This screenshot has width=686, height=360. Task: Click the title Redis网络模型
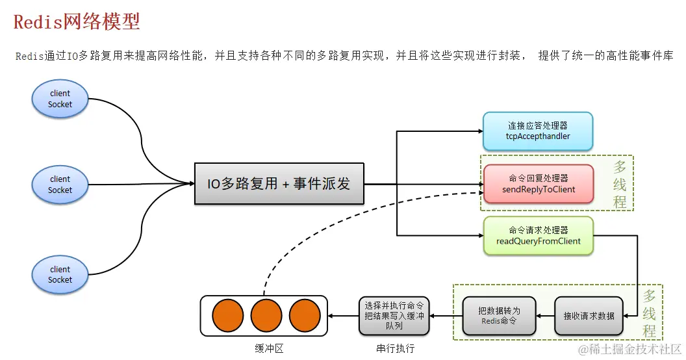click(77, 22)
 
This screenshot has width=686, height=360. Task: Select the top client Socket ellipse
click(60, 99)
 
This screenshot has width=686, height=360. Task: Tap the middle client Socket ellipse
click(60, 184)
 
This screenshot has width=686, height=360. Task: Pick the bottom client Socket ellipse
click(60, 274)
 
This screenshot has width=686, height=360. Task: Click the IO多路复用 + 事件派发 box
click(279, 184)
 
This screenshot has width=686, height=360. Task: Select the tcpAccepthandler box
click(538, 131)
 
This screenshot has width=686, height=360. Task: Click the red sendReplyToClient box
click(539, 183)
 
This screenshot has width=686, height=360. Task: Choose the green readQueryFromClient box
click(539, 235)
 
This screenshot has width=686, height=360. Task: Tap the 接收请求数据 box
click(589, 316)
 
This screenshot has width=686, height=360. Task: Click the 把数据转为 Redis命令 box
click(499, 316)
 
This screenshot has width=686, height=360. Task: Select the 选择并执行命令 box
click(394, 316)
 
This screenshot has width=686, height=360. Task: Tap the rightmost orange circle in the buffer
click(305, 315)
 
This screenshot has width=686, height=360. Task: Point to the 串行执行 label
click(395, 348)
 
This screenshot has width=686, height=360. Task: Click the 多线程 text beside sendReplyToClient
click(620, 185)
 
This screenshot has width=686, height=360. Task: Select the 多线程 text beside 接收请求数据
click(649, 313)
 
